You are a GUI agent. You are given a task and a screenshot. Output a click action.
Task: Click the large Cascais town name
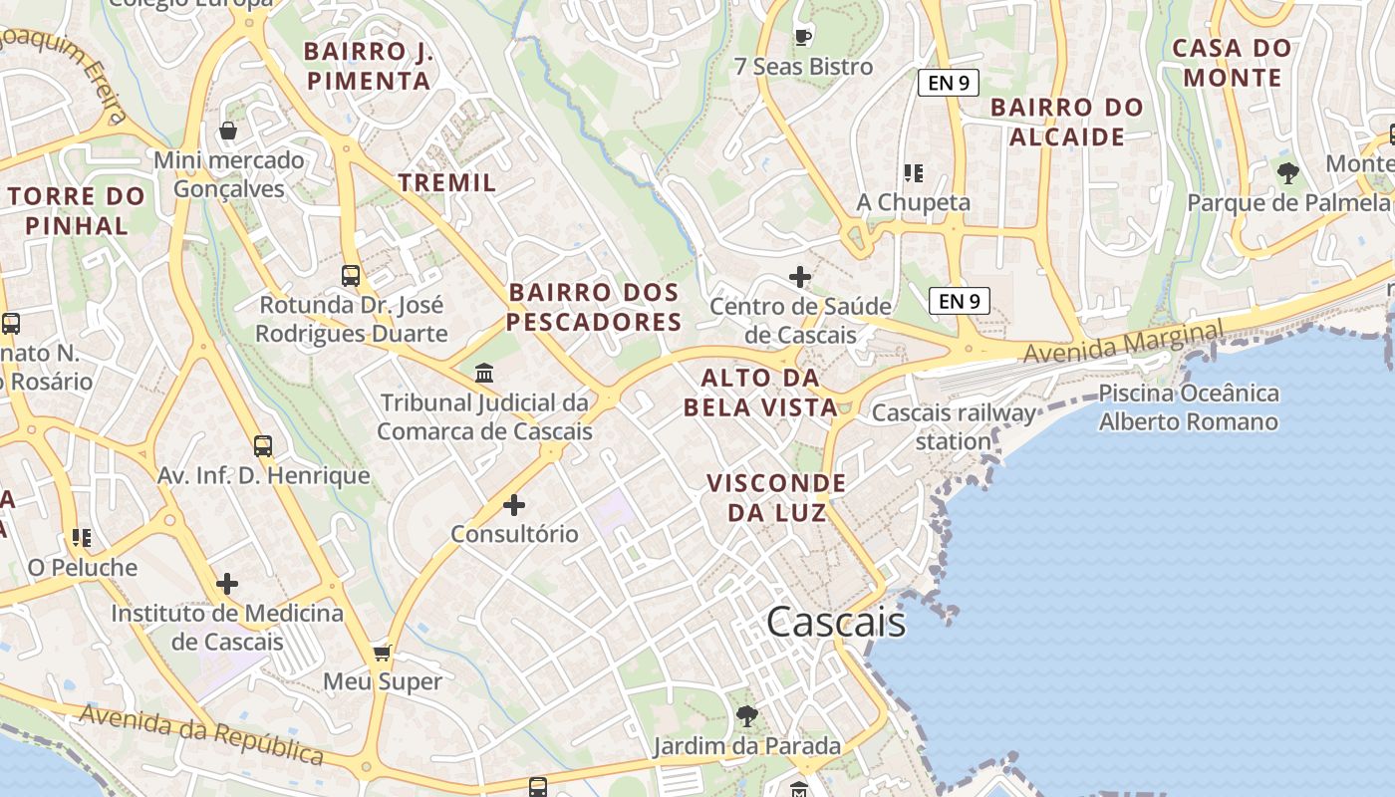(x=835, y=622)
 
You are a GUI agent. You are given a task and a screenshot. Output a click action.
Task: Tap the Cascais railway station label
(x=954, y=426)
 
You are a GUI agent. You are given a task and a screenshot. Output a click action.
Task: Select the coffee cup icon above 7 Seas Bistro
(x=803, y=38)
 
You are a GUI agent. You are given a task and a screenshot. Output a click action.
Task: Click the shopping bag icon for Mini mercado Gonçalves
(x=228, y=131)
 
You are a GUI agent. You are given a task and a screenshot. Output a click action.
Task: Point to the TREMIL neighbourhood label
(x=447, y=182)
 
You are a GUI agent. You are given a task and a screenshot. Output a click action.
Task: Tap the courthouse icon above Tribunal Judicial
(x=484, y=374)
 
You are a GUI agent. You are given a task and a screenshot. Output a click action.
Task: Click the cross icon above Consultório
(x=514, y=505)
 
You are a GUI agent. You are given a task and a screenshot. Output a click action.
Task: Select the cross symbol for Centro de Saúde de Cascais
(x=800, y=277)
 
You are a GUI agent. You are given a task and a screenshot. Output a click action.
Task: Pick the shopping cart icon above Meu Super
(x=382, y=654)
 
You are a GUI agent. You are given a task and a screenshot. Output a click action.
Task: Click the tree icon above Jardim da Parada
(x=746, y=715)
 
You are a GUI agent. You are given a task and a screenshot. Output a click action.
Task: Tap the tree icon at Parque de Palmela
(x=1287, y=173)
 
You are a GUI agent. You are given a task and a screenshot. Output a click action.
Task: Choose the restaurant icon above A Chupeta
(x=913, y=173)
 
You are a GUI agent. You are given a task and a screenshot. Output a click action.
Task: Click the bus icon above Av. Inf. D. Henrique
(x=263, y=446)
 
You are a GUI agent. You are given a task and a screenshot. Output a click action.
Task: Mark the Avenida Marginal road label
(x=1123, y=342)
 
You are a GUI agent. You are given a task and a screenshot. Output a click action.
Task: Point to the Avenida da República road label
(x=202, y=734)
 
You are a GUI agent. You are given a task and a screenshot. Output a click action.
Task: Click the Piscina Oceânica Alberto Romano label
(x=1188, y=407)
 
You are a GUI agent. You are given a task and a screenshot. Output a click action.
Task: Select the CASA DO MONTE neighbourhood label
(x=1232, y=62)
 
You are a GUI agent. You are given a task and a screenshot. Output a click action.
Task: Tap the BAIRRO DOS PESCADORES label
(x=595, y=307)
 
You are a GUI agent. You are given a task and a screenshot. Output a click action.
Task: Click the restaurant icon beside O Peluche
(x=82, y=538)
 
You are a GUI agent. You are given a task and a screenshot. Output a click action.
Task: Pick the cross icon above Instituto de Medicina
(x=227, y=583)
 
